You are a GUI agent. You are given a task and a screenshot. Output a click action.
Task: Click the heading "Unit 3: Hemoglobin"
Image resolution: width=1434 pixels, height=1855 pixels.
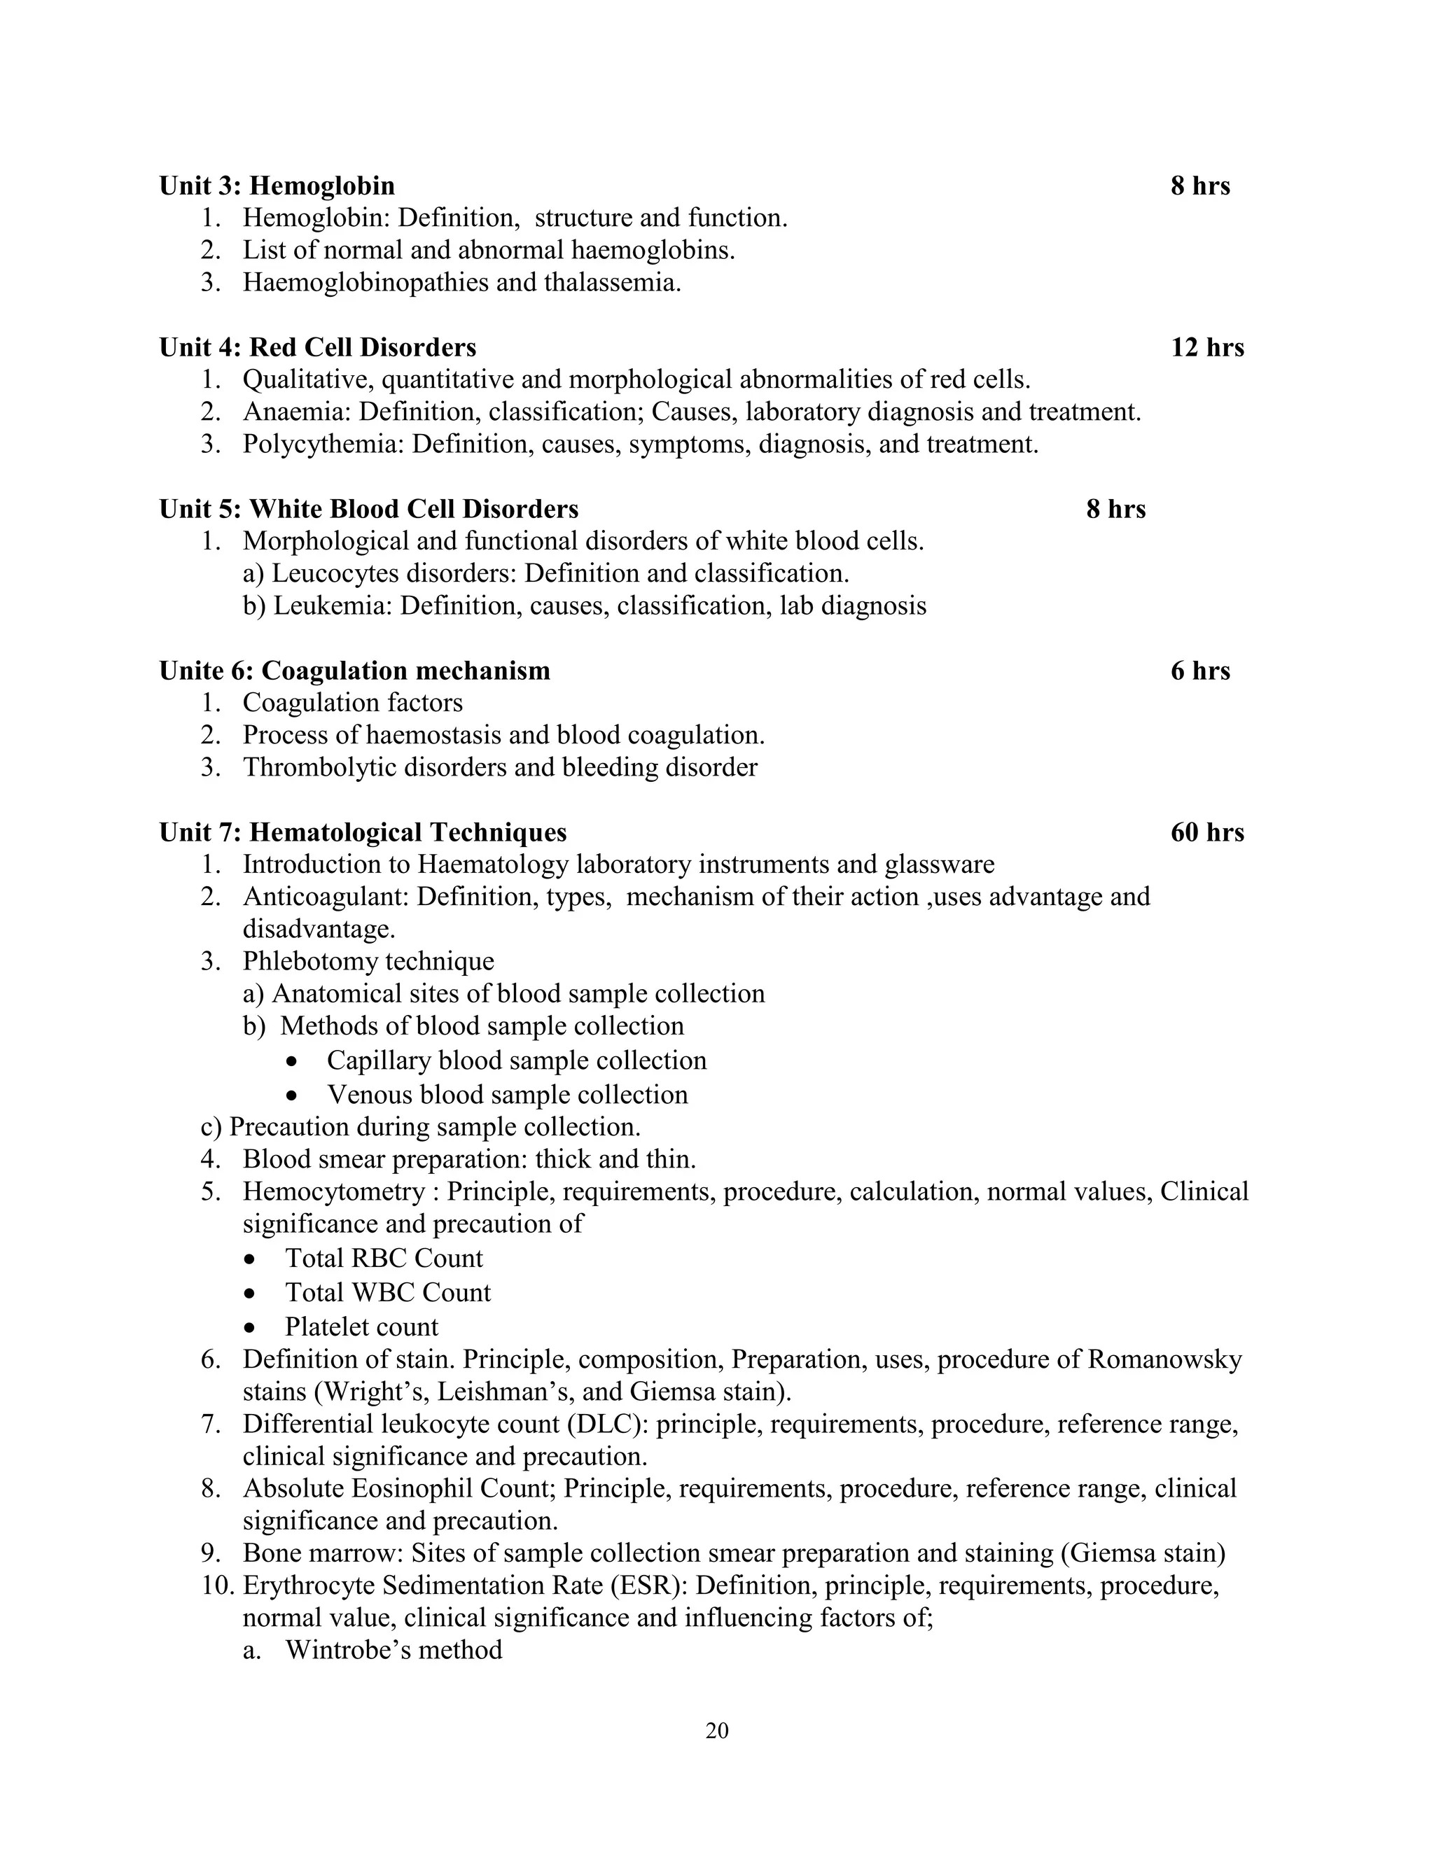[277, 185]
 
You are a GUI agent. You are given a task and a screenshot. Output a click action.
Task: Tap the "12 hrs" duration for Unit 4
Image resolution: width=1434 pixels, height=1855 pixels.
[1206, 347]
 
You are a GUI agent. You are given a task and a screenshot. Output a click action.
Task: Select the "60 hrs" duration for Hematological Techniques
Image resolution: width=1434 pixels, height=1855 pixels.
[1206, 832]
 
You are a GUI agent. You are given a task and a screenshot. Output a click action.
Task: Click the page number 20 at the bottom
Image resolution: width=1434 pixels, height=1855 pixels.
[717, 1730]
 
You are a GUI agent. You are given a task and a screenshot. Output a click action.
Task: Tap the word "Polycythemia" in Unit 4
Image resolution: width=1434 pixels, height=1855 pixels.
[323, 444]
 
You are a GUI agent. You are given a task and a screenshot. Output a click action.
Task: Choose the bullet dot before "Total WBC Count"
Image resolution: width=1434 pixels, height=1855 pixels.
[249, 1294]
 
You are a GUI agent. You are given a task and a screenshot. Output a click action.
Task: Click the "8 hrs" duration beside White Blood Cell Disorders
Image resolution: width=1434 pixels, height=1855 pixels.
[1115, 509]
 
